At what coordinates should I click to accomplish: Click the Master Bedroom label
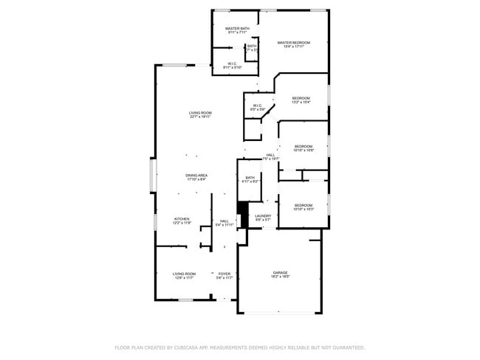[293, 43]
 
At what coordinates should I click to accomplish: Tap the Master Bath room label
[237, 29]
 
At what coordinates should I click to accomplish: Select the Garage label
[280, 272]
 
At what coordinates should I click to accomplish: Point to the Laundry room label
[264, 215]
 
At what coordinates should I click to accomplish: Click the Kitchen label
[182, 219]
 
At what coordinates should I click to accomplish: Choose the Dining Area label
[196, 175]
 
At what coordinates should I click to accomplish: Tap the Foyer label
[224, 274]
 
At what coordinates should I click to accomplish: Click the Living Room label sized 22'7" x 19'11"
[200, 113]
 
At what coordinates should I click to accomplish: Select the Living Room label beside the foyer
[185, 274]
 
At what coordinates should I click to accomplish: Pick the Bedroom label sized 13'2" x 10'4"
[301, 98]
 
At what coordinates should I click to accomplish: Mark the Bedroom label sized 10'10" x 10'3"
[304, 205]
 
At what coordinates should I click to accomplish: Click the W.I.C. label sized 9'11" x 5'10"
[232, 63]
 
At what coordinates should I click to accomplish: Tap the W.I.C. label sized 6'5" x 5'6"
[258, 105]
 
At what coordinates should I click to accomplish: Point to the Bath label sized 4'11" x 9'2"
[250, 178]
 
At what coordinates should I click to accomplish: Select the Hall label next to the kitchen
[224, 221]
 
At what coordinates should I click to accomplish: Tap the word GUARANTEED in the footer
[346, 347]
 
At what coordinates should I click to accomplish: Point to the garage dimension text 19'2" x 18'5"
[280, 277]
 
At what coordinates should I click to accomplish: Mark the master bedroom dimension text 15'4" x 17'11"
[293, 47]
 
